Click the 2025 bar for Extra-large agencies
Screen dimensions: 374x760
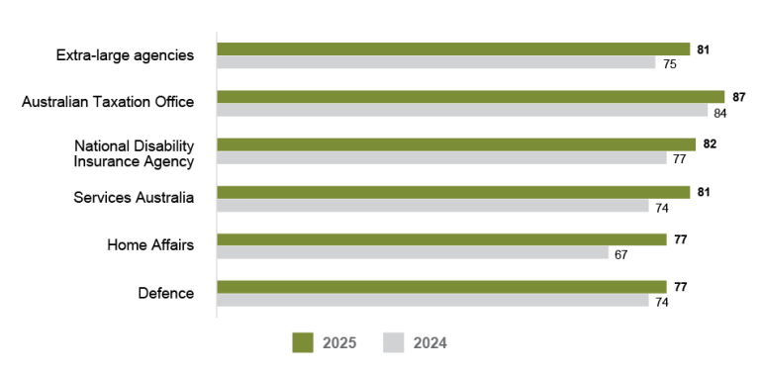(453, 48)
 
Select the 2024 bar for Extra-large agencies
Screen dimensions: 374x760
(436, 62)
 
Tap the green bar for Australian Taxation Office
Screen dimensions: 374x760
(470, 97)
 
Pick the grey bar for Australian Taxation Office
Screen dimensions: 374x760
(462, 111)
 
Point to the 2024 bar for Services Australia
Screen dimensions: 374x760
(432, 206)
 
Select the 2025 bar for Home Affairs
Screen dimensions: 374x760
(441, 239)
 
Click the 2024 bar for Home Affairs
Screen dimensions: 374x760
(413, 253)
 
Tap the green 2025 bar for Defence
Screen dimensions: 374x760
(441, 287)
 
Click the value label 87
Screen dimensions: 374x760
(738, 97)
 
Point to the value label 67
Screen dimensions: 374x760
(621, 254)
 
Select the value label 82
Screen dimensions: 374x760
(710, 144)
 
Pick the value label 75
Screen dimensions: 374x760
(669, 63)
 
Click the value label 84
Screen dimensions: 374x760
(721, 112)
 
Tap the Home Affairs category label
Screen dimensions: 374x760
(150, 244)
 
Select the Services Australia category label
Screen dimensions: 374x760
(134, 197)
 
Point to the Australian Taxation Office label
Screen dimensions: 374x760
(108, 102)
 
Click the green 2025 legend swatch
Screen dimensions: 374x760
(302, 342)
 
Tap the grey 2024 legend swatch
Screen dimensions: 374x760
(393, 342)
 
